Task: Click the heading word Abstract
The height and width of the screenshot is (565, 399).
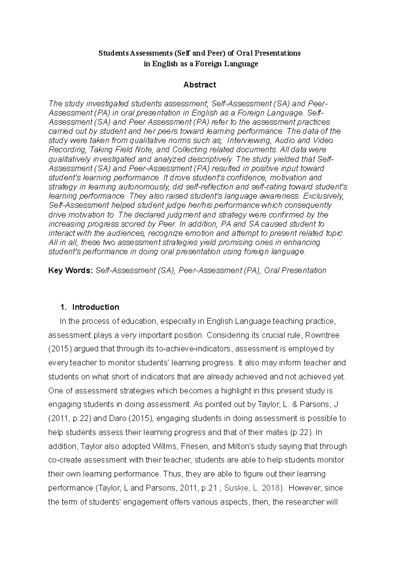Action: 199,85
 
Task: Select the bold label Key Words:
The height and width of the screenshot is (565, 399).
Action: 70,270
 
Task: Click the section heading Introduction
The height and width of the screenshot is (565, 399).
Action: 95,307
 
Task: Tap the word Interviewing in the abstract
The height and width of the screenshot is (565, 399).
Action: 248,140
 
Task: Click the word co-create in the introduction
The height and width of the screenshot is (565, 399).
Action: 64,460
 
